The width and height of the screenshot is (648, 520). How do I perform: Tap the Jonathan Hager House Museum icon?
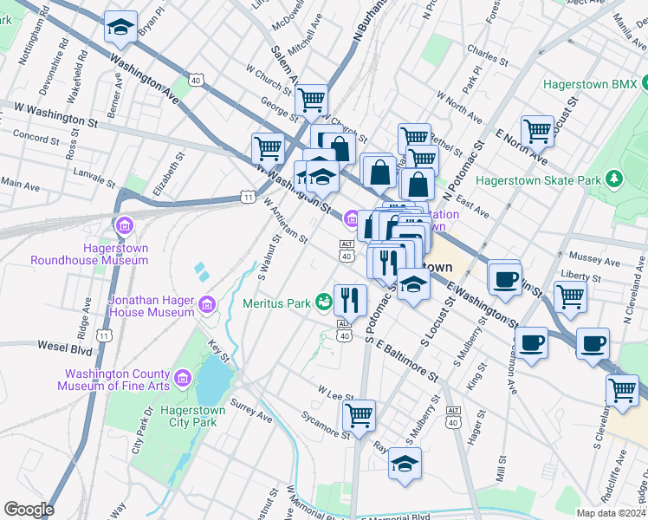(206, 303)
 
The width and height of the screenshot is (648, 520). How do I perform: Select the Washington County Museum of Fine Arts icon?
(183, 378)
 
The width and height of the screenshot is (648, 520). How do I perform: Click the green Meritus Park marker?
(323, 302)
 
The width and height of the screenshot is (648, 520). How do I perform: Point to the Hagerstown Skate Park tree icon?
(614, 179)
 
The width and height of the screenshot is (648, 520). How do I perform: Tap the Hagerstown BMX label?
(590, 85)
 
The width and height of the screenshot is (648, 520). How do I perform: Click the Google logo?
(28, 509)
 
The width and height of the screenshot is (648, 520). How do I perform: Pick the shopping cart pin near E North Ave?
(538, 130)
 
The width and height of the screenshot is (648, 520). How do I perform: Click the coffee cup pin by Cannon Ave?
(531, 342)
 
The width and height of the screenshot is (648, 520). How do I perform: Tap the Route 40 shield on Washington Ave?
(196, 81)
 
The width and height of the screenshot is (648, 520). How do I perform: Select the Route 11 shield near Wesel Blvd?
(104, 335)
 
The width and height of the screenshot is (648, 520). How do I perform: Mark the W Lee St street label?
(335, 393)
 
